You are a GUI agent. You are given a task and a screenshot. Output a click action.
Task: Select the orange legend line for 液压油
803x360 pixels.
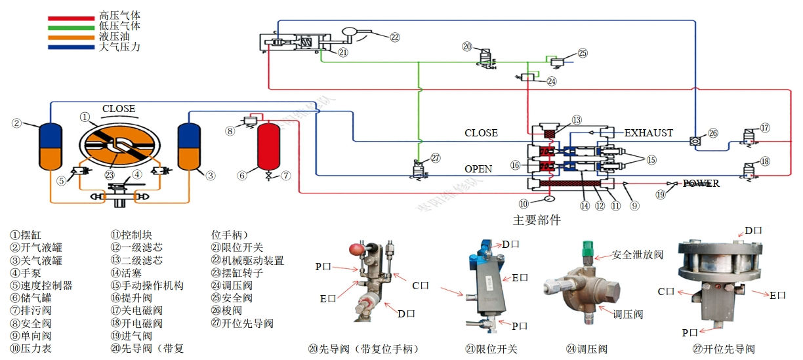pos(71,37)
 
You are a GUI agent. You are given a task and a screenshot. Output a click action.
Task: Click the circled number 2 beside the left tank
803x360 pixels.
pos(17,123)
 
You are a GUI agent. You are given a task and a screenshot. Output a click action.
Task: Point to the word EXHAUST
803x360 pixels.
pos(648,133)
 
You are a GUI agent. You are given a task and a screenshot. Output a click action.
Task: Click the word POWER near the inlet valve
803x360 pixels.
pos(701,184)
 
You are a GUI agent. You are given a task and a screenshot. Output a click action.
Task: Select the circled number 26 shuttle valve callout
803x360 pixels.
pos(713,133)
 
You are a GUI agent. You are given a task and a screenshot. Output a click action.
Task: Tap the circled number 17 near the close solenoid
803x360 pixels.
pos(765,127)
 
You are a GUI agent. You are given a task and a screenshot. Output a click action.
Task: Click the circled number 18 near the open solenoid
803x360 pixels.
pos(765,162)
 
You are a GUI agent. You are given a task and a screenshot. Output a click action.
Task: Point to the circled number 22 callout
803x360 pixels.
pos(394,37)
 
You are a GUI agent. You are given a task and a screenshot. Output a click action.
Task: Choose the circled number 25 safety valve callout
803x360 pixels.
pos(583,54)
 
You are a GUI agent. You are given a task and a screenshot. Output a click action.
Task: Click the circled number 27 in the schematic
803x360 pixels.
pos(436,158)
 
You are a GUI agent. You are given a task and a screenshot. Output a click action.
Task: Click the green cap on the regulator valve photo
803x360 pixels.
pos(588,249)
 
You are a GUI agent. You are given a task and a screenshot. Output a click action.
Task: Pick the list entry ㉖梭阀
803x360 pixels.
pos(226,311)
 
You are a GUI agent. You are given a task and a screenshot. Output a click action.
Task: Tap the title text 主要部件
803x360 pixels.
pos(537,220)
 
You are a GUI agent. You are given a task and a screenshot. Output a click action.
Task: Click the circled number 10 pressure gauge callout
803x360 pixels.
pos(524,203)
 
